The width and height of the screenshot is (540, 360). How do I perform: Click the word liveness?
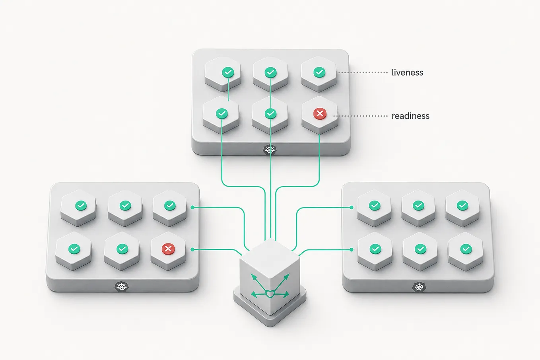point(407,72)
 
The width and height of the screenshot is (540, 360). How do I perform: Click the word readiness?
point(410,116)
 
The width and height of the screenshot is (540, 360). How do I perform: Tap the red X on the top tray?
point(320,113)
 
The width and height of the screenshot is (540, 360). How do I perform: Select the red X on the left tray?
point(168,249)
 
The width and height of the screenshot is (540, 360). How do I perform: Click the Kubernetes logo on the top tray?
point(270,150)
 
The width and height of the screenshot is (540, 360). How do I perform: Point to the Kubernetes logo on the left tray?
point(122,287)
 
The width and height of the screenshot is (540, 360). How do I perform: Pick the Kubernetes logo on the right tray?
point(419,287)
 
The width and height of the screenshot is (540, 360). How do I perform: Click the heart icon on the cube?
point(270,294)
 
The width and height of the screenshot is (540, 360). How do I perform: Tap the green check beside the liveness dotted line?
point(319,72)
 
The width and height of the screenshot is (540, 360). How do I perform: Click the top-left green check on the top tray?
point(228,72)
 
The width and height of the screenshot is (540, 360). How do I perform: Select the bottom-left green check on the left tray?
point(74,249)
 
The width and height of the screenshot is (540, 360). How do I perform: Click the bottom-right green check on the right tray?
point(466,249)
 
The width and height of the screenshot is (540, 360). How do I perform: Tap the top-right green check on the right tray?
point(462,205)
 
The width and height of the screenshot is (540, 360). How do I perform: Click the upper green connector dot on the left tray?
point(192,207)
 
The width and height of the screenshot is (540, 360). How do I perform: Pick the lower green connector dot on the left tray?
point(192,249)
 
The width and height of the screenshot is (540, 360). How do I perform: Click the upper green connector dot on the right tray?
point(352,207)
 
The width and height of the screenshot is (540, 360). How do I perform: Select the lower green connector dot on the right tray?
point(352,250)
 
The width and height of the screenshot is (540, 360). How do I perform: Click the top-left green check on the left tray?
point(81,205)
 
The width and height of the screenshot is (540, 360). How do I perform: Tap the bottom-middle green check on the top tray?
point(270,113)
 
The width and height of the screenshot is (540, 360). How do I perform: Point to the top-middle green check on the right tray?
point(418,205)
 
